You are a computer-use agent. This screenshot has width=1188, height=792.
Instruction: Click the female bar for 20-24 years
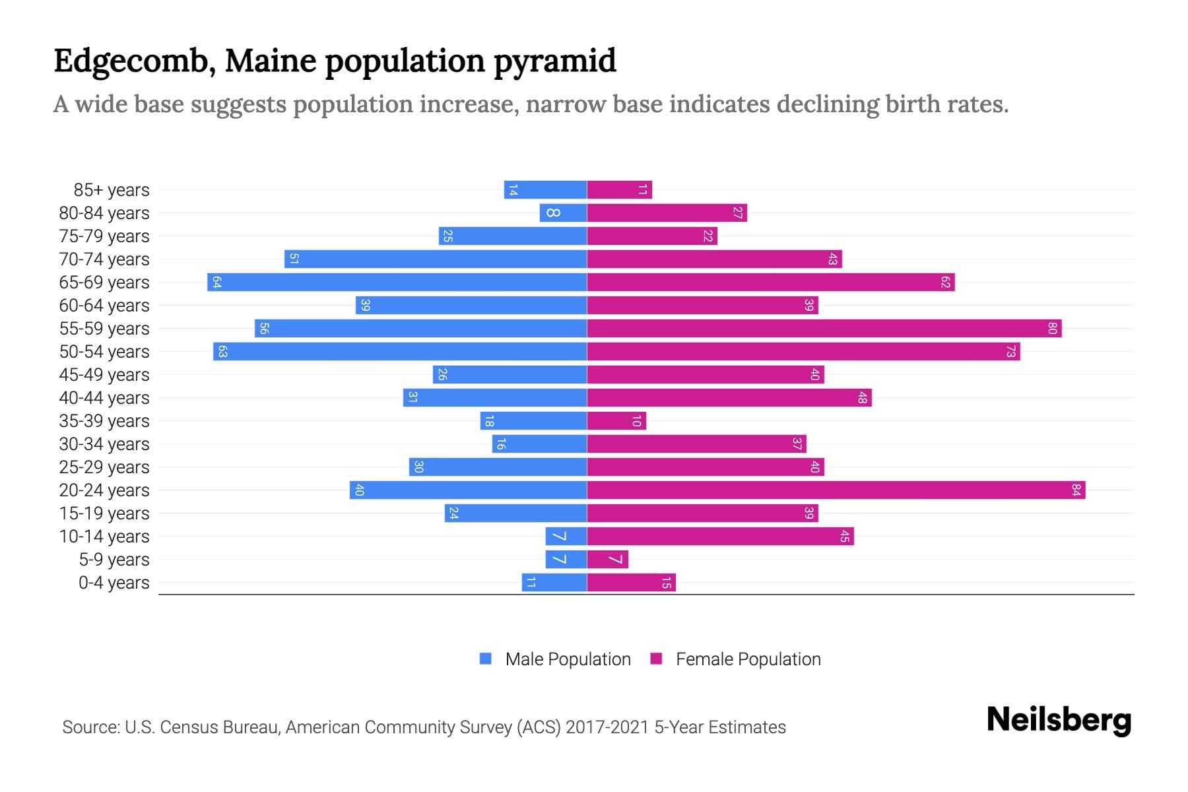pos(836,490)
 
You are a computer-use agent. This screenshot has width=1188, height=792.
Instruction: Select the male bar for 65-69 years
pos(397,282)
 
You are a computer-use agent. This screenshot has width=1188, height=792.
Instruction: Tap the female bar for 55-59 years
pos(824,329)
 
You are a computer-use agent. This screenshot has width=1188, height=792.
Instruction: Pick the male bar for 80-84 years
pos(563,213)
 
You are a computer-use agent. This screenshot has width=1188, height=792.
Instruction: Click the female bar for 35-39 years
pos(616,421)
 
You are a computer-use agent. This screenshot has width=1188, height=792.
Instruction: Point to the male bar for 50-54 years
pos(400,352)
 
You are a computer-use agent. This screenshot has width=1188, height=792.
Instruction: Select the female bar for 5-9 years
pos(607,560)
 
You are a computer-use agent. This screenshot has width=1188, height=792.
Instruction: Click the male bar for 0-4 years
pos(554,583)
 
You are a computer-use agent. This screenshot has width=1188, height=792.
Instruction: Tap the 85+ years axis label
pos(112,190)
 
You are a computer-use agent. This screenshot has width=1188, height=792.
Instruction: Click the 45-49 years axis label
pos(104,375)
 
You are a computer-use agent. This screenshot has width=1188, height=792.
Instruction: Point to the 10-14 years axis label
pos(104,537)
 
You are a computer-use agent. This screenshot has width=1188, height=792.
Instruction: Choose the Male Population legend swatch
pos(486,659)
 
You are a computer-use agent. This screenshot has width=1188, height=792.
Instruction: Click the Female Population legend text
pos(748,659)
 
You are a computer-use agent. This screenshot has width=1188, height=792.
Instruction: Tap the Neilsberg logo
pos(1059,720)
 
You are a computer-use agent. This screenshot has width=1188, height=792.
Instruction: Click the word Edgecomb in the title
pos(135,61)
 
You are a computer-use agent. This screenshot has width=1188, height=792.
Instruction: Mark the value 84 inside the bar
pos(1076,490)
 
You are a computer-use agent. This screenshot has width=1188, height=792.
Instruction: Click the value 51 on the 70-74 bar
pos(294,259)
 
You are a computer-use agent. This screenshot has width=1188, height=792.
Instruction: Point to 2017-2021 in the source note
pos(607,727)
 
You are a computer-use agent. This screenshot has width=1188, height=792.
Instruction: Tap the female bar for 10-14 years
pos(719,537)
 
